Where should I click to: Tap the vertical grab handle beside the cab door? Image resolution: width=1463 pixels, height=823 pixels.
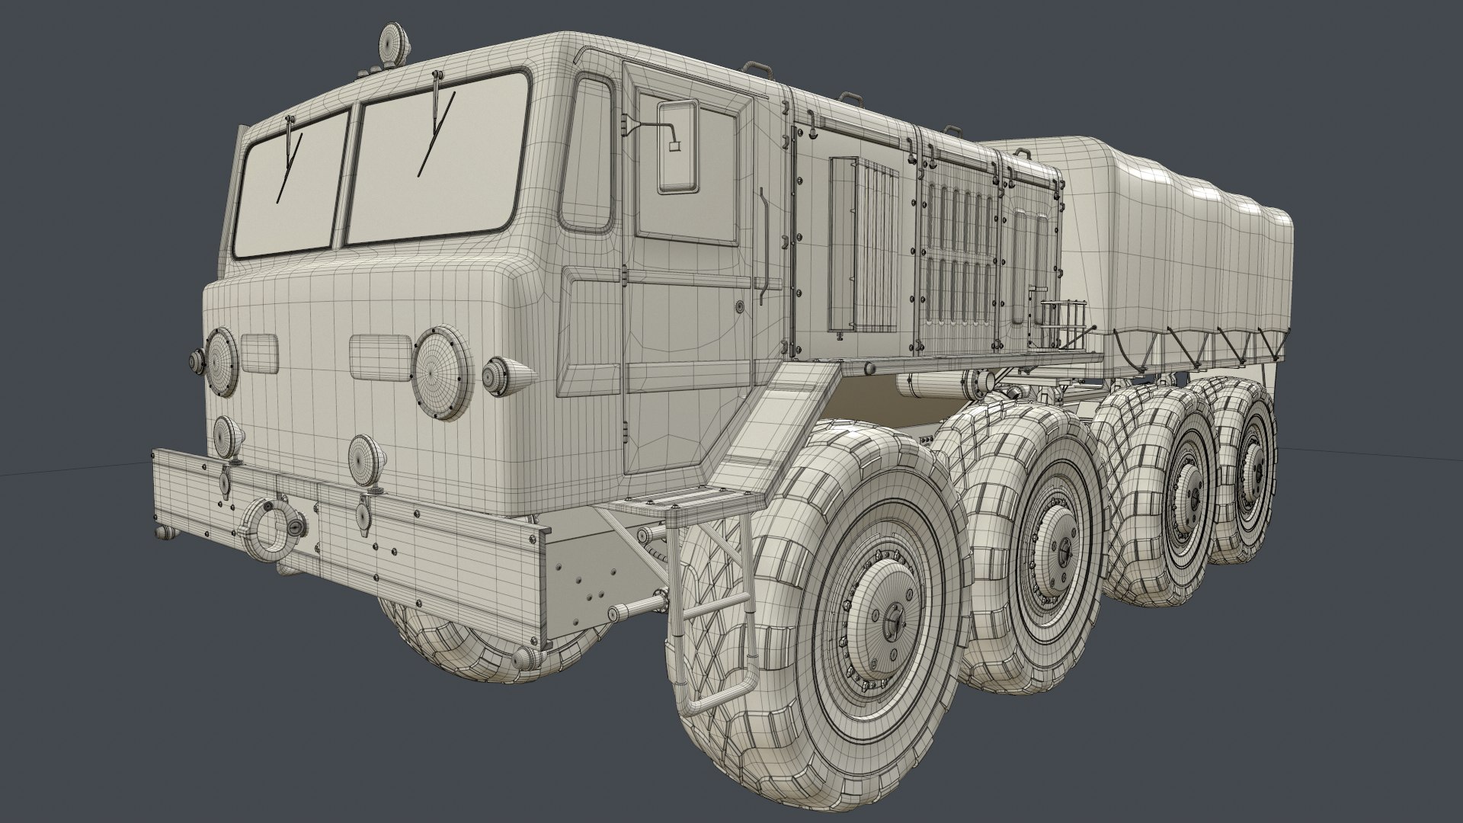click(762, 248)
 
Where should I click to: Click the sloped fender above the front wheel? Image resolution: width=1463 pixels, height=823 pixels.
click(770, 427)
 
